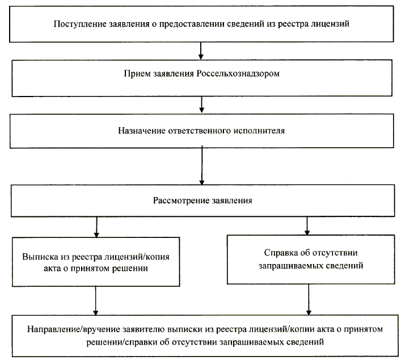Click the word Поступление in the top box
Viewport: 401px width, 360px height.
78,24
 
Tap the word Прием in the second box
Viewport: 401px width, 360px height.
134,74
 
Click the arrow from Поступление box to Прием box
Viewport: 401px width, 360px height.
201,52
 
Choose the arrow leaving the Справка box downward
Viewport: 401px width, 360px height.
308,299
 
